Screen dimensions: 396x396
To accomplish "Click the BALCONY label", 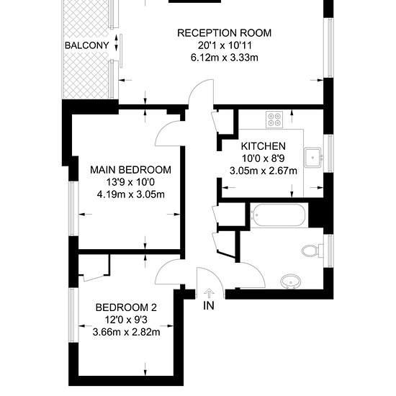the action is (x=87, y=45).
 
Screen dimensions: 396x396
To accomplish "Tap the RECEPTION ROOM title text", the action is (x=224, y=33).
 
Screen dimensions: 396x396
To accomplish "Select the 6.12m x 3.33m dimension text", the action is (x=224, y=58).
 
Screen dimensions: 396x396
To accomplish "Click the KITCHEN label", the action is (x=263, y=146).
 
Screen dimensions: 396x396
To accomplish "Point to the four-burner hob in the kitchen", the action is (x=274, y=120).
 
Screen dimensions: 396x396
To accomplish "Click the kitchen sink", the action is (x=312, y=158).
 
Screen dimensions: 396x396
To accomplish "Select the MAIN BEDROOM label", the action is (x=130, y=170).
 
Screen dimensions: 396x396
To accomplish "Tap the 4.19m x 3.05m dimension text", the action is (x=130, y=194).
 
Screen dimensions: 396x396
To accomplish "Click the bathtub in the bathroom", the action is (x=279, y=215).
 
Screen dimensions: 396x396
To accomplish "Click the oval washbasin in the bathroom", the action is (x=291, y=281).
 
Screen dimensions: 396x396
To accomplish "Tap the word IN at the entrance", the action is (x=209, y=305).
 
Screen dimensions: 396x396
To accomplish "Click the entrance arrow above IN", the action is (x=209, y=294).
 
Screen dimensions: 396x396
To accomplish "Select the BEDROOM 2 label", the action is (x=126, y=307).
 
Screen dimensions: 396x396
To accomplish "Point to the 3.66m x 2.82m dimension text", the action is (x=126, y=332).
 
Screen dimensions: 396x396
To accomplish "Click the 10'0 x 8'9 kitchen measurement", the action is (x=263, y=158).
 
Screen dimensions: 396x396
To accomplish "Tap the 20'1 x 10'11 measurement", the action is (x=224, y=45).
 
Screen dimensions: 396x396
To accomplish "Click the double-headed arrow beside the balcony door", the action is (x=117, y=42).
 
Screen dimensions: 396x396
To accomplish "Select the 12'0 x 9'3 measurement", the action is (x=126, y=320).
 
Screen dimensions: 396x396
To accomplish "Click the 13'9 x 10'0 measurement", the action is (x=130, y=182).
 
